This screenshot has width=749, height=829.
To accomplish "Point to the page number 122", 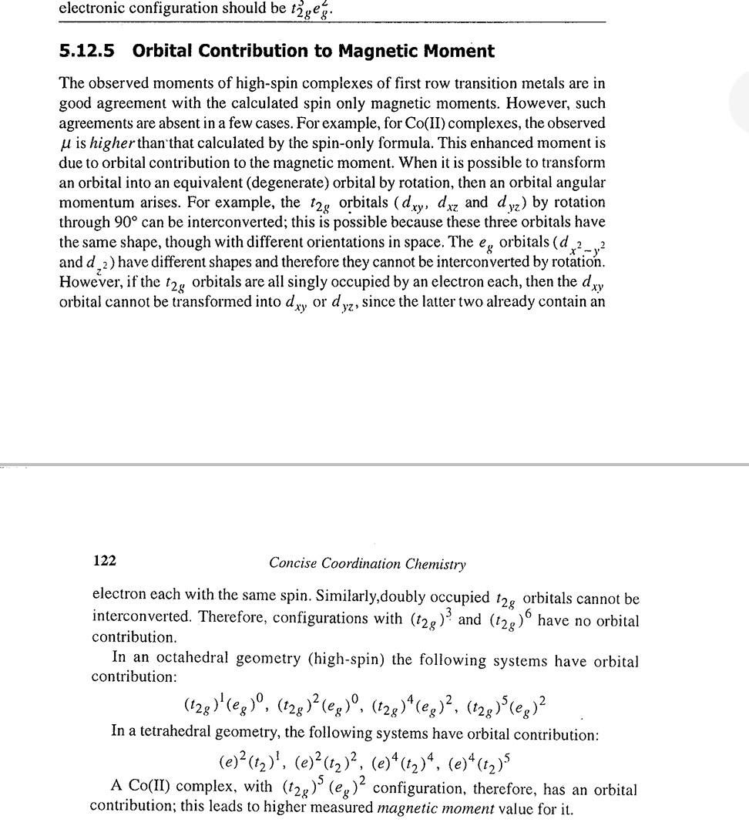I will (104, 561).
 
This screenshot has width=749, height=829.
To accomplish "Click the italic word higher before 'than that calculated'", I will (113, 143).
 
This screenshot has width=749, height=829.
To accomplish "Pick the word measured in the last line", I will (343, 809).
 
